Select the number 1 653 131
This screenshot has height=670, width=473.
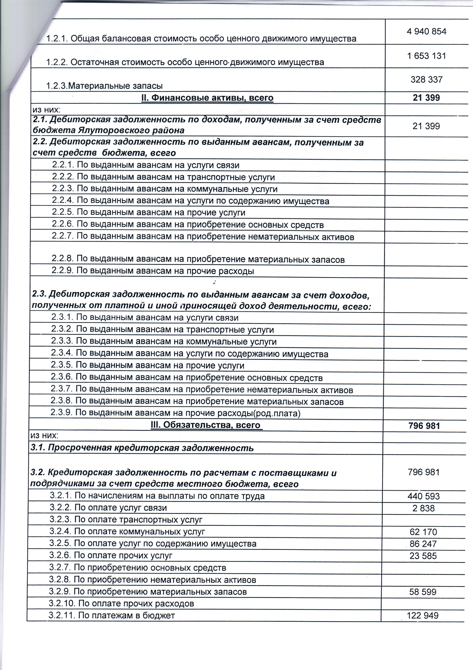point(426,56)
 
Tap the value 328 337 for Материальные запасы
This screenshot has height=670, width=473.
point(426,79)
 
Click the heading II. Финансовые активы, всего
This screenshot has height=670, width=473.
point(207,98)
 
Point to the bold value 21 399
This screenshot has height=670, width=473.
point(426,98)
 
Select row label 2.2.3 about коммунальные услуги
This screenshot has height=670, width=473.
point(164,189)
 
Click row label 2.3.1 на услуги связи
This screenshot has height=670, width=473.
point(145,317)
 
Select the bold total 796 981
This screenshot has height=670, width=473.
point(424,426)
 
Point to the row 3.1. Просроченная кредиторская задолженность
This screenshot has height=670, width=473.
point(142,448)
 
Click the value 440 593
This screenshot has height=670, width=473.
point(423,496)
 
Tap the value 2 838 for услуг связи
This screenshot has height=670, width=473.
point(423,508)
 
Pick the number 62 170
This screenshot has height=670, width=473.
point(423,532)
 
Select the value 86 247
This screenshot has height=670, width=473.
point(423,544)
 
